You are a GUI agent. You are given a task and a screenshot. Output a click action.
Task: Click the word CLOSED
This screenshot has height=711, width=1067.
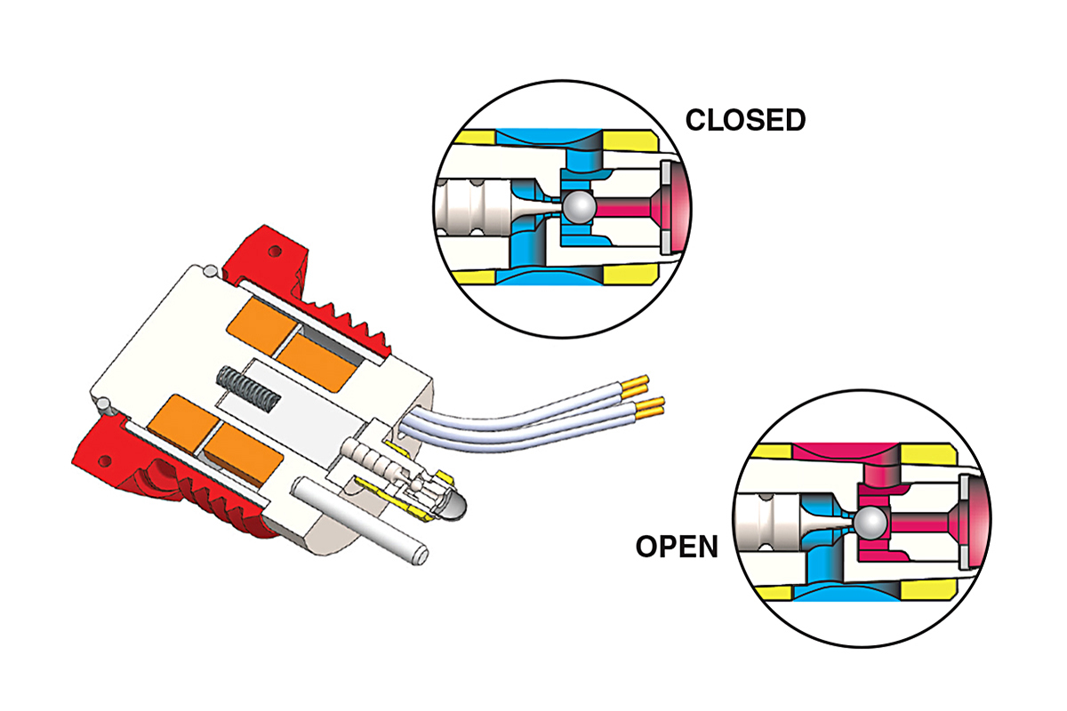(745, 119)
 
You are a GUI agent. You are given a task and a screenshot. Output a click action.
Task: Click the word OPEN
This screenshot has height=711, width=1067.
(677, 547)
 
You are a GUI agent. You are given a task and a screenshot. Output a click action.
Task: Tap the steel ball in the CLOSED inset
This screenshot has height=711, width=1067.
(579, 207)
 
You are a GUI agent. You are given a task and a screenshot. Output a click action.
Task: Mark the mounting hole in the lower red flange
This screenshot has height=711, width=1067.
(106, 461)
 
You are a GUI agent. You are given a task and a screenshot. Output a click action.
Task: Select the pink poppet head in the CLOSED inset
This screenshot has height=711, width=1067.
(671, 207)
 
